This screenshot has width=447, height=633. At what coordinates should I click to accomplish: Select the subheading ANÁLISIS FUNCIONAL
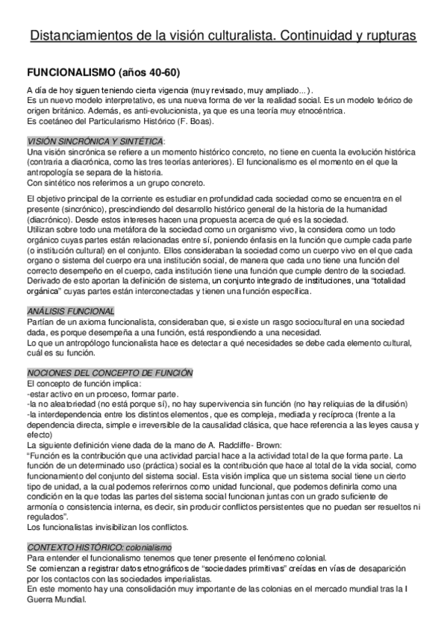(70, 311)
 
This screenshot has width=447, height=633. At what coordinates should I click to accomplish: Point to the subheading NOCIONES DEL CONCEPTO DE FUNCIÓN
(110, 372)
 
